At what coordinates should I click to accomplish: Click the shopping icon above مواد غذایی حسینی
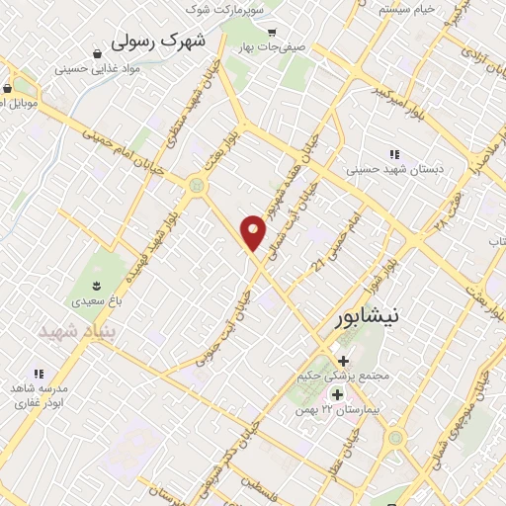pos(98,54)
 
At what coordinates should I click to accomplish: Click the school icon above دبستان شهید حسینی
pos(395,154)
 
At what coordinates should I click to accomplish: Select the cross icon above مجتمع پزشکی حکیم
pos(343,362)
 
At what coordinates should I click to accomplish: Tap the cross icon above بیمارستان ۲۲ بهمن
pos(337,394)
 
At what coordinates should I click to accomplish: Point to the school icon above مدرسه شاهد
pos(39,374)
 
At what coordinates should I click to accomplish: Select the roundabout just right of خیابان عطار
pos(395,437)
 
